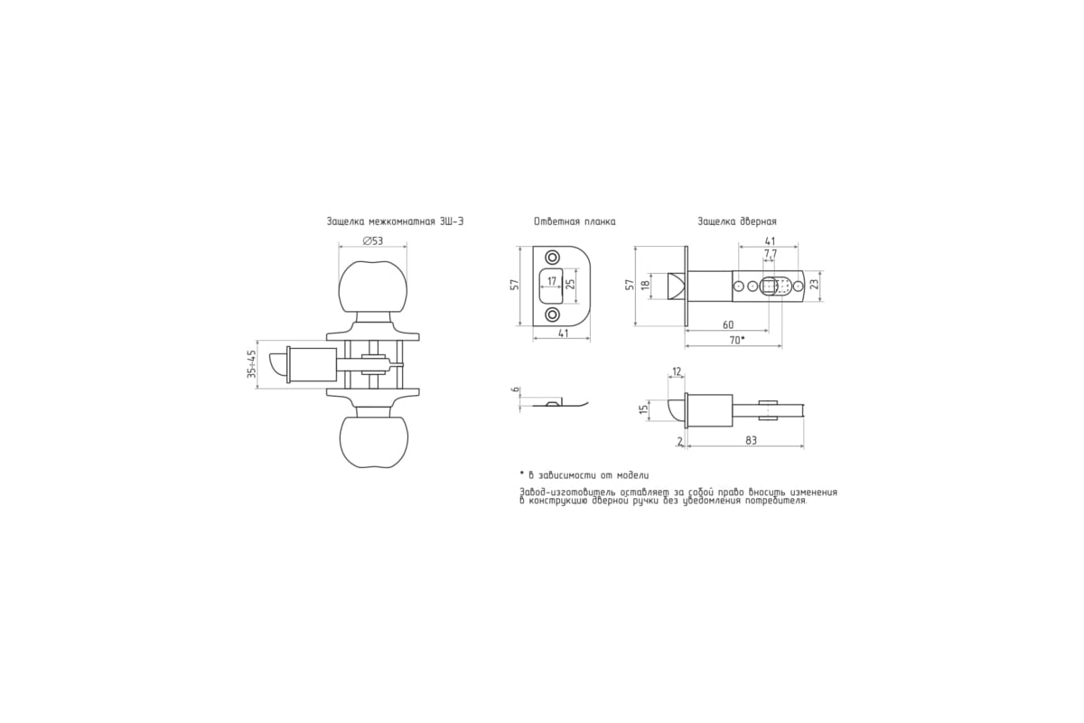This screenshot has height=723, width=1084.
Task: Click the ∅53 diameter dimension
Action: point(372,240)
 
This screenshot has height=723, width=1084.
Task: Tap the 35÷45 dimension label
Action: point(252,364)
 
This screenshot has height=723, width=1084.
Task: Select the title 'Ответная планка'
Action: point(575,221)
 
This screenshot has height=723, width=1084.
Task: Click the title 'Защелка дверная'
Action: point(737,221)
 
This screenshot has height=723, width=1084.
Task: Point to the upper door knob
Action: point(372,288)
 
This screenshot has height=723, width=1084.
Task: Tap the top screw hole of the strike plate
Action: point(552,257)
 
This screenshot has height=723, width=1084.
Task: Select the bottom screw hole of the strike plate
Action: point(552,315)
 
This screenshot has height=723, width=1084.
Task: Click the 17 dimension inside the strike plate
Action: point(552,281)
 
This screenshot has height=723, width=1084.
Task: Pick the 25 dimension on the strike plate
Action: point(571,284)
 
